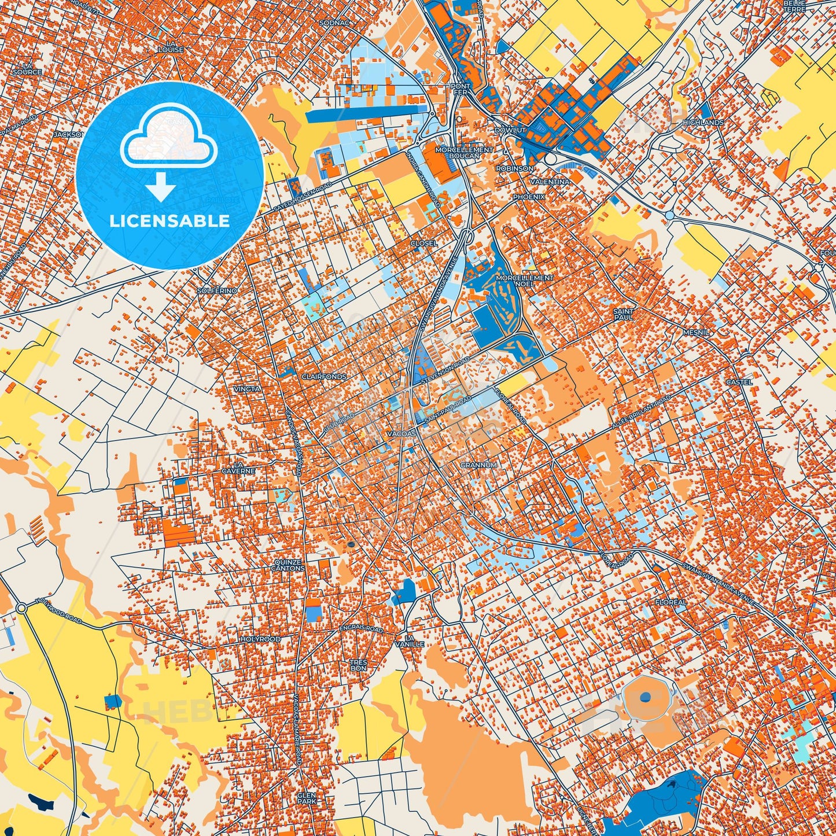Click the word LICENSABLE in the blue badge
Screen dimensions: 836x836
point(170,220)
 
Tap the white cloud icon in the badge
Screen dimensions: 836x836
point(168,135)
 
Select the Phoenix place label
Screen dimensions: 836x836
point(529,197)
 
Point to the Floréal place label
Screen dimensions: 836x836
point(671,602)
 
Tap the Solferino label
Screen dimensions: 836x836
point(217,290)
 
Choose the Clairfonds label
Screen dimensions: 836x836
point(324,377)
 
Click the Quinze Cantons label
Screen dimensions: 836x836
point(288,565)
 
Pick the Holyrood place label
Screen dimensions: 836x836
point(260,639)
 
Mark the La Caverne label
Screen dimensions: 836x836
point(238,468)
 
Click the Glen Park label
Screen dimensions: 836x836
point(307,798)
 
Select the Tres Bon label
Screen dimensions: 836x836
point(358,665)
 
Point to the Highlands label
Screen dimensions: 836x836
point(703,123)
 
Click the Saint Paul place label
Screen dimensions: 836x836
point(623,314)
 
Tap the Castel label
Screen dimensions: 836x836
point(739,382)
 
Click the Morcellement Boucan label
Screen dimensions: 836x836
point(464,153)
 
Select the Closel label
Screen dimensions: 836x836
point(424,243)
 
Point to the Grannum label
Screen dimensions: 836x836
point(478,465)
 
